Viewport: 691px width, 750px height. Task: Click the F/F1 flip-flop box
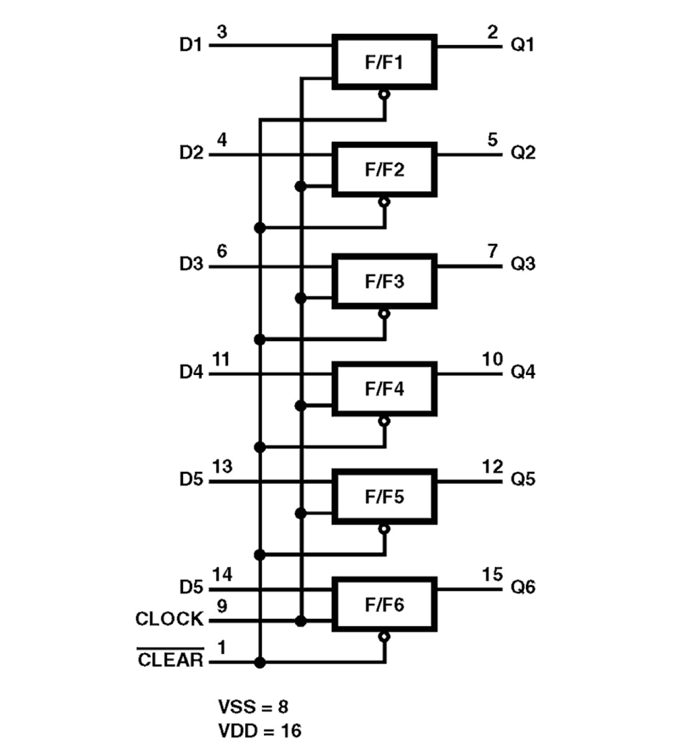384,62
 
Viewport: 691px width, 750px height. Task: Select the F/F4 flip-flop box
384,389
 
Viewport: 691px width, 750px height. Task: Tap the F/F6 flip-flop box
384,604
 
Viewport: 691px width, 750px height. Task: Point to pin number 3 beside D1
222,32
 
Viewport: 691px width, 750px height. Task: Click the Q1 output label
522,44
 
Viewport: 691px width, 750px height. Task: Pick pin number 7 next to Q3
492,251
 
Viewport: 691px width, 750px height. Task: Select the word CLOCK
169,619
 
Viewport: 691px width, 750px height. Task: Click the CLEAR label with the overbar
170,659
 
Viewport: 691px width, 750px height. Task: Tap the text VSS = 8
253,707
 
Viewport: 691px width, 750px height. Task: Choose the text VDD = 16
260,731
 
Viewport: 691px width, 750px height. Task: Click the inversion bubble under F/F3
384,314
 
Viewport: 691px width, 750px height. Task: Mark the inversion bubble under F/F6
384,637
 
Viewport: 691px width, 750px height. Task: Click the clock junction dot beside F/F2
300,186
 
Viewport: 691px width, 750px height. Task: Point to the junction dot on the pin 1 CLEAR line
260,663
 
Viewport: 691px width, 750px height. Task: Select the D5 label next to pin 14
191,587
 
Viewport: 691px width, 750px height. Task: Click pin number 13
222,467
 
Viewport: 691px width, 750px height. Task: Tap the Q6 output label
522,587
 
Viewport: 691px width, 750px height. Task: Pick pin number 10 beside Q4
492,360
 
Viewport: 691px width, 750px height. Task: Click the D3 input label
191,264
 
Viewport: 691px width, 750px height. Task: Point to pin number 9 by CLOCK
222,606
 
